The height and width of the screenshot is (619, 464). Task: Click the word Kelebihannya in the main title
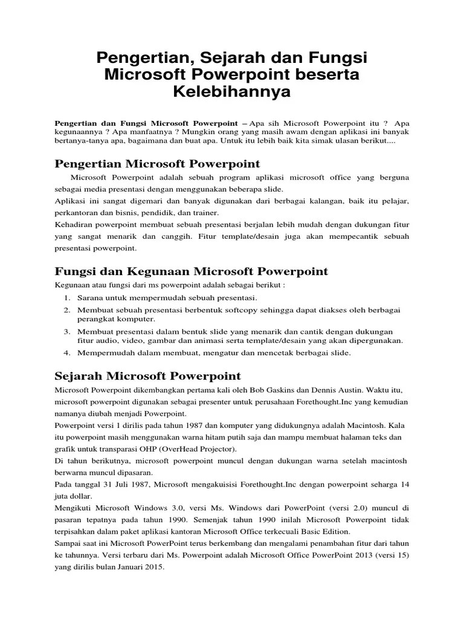click(x=232, y=92)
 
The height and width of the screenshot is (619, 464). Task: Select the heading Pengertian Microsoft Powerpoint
click(x=157, y=163)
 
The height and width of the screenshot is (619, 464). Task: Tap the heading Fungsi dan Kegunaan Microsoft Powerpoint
click(x=191, y=271)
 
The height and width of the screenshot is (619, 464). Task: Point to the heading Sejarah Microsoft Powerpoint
click(x=147, y=376)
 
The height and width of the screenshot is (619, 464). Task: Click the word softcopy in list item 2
click(x=234, y=310)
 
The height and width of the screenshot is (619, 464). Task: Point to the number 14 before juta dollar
click(x=404, y=485)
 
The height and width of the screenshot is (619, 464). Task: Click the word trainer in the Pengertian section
click(x=205, y=213)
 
